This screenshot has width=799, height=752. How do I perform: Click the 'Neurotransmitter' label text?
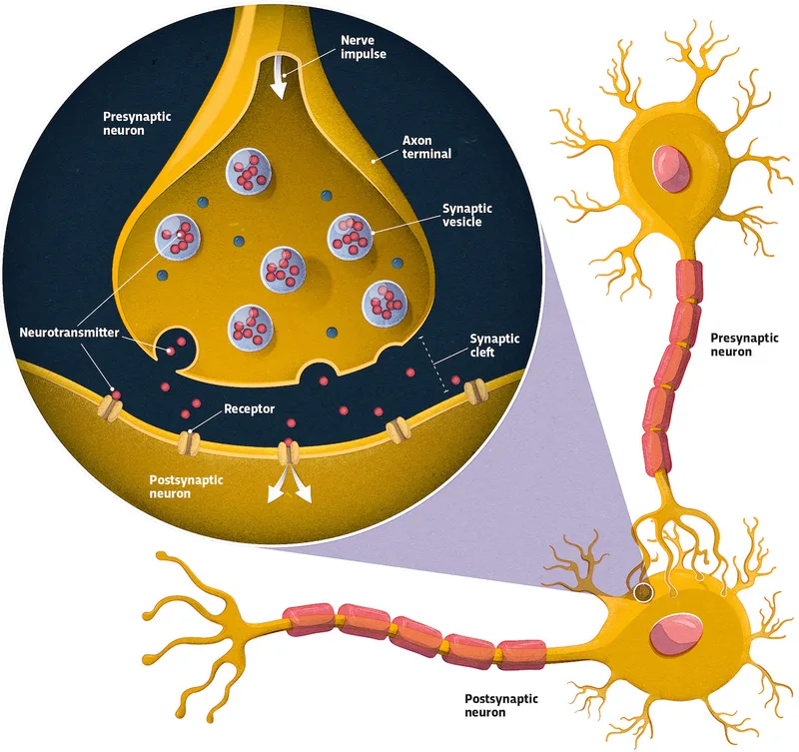pos(69,331)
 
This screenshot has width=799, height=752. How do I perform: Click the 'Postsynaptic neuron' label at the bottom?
pos(505,705)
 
